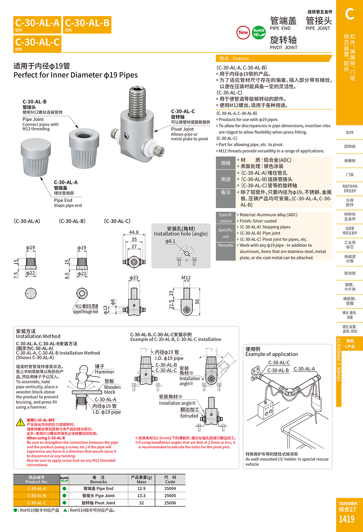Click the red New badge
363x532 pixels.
point(243,32)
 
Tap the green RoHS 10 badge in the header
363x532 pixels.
point(258,32)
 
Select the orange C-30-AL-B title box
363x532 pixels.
point(87,25)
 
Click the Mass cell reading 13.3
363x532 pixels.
point(141,496)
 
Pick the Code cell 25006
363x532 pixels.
point(170,503)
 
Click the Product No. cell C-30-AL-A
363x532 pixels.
point(37,488)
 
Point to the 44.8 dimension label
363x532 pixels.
point(134,232)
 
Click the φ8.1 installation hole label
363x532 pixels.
point(171,241)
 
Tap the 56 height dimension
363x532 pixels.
point(197,302)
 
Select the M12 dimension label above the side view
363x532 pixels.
point(186,278)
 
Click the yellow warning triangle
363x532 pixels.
point(20,422)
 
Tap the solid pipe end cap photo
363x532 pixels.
point(36,157)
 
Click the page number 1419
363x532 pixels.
point(347,519)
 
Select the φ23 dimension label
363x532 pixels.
point(134,278)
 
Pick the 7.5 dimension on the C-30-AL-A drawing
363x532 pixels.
point(16,275)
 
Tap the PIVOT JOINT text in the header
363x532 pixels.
point(283,48)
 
